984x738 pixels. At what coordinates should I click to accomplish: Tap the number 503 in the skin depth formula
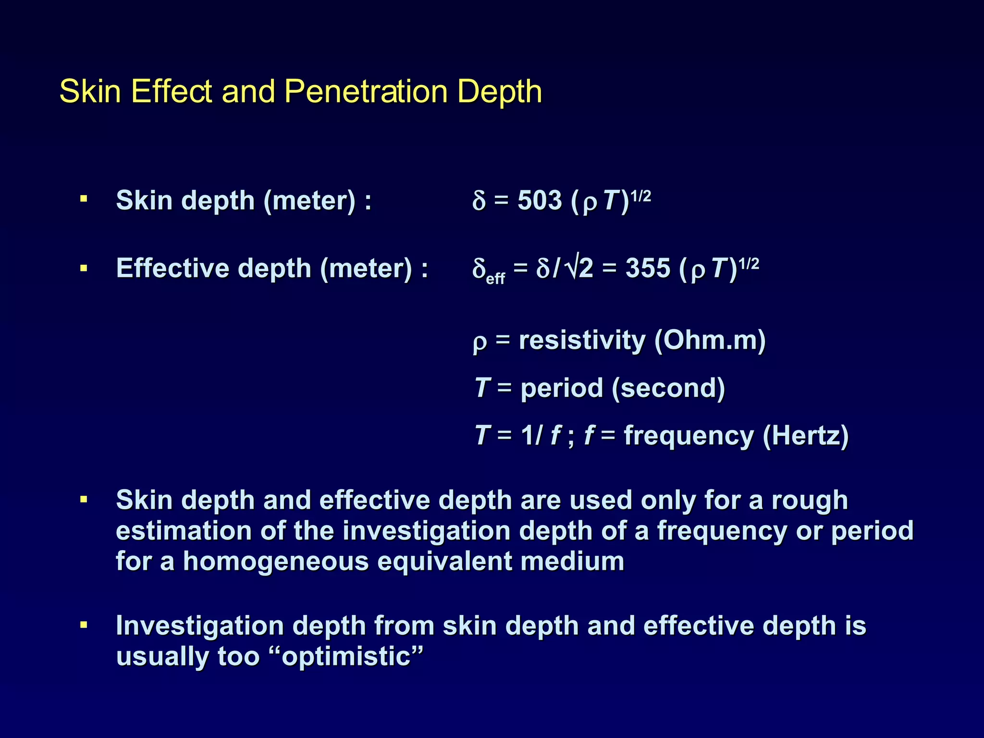click(x=540, y=200)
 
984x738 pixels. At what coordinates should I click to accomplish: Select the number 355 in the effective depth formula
click(x=648, y=268)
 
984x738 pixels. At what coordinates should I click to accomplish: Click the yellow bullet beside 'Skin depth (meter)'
click(x=84, y=199)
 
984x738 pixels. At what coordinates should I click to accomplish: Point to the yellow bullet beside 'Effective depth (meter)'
click(x=84, y=268)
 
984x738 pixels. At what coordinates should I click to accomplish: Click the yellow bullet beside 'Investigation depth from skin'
click(x=84, y=625)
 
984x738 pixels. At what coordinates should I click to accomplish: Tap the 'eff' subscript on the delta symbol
click(x=495, y=279)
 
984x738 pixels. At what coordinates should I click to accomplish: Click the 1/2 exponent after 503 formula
click(x=640, y=196)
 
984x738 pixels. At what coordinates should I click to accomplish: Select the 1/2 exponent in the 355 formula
click(x=749, y=264)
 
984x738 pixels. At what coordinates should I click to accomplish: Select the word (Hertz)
click(x=806, y=436)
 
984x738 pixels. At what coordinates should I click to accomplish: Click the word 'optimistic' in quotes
click(x=346, y=656)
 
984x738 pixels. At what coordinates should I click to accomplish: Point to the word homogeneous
click(x=276, y=561)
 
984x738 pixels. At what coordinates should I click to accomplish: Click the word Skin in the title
click(x=90, y=91)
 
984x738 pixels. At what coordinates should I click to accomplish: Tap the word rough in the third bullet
click(x=810, y=500)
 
